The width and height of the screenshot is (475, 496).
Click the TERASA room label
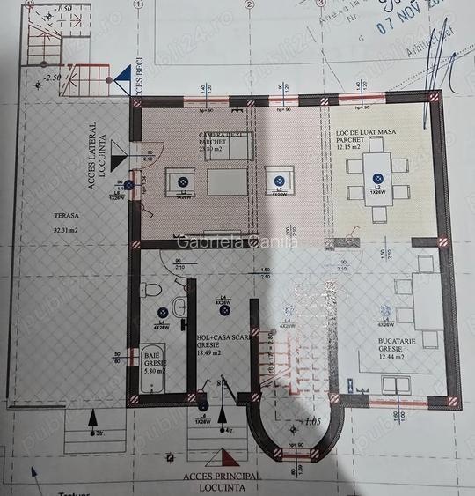tap(66, 215)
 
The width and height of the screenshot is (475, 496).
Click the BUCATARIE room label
tap(392, 342)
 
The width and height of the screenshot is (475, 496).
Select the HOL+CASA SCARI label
tap(223, 337)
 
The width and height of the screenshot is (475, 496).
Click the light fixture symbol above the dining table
tap(376, 181)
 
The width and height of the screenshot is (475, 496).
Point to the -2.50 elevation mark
tap(52, 78)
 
